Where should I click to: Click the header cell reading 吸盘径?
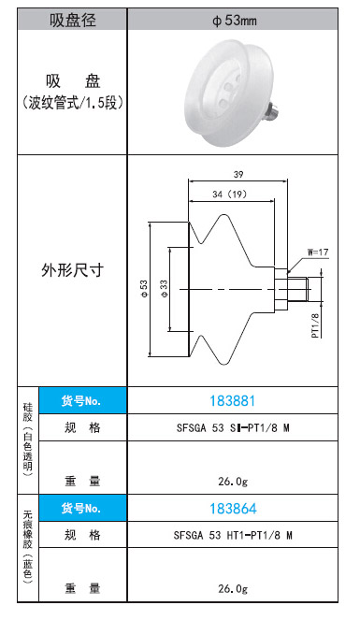click(x=72, y=20)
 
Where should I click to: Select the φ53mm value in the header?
click(x=234, y=21)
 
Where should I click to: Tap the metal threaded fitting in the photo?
click(x=273, y=110)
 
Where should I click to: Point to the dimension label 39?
click(x=238, y=174)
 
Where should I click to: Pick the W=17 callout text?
click(x=318, y=252)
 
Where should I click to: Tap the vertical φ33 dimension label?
click(x=164, y=289)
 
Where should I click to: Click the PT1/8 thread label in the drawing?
click(x=315, y=325)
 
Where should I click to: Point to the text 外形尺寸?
click(x=73, y=270)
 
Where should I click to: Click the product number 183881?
click(x=232, y=401)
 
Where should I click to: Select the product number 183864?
click(x=233, y=509)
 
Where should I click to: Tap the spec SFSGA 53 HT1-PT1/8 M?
click(x=233, y=536)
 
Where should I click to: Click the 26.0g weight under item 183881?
click(x=233, y=482)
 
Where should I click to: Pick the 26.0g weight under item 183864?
click(x=233, y=588)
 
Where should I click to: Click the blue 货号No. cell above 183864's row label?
click(x=82, y=508)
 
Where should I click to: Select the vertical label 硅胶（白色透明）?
click(x=28, y=440)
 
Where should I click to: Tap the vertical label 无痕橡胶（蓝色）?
click(x=28, y=547)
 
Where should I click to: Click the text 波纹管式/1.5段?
click(x=73, y=104)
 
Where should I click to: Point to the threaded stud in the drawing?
click(x=298, y=290)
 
